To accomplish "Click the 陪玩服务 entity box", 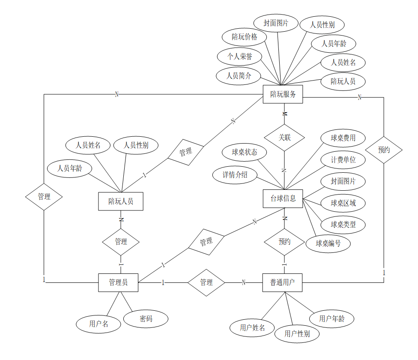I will click(x=283, y=94).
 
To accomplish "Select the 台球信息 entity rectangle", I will click(x=283, y=199).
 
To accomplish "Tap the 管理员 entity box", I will click(x=118, y=282).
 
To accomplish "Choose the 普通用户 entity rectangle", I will click(x=283, y=282).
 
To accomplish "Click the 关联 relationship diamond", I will click(x=284, y=138).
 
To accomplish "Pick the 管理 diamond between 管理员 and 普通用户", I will click(x=206, y=282).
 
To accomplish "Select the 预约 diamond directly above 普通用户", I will click(x=284, y=242).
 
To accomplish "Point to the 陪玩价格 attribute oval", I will click(x=245, y=37).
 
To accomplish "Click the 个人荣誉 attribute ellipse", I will click(x=240, y=56).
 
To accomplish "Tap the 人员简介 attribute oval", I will click(x=239, y=76).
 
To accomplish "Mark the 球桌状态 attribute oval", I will click(x=245, y=152).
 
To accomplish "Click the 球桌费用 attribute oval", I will click(x=343, y=138).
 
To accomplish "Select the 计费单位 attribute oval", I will click(x=343, y=160).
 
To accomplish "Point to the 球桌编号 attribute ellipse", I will click(x=328, y=243).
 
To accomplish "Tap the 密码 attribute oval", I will click(x=146, y=319).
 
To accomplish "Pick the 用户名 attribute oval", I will click(x=99, y=324).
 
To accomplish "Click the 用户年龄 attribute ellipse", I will click(x=331, y=318).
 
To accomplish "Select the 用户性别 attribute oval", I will click(x=297, y=333).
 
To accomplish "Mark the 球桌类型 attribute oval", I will click(x=343, y=224).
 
